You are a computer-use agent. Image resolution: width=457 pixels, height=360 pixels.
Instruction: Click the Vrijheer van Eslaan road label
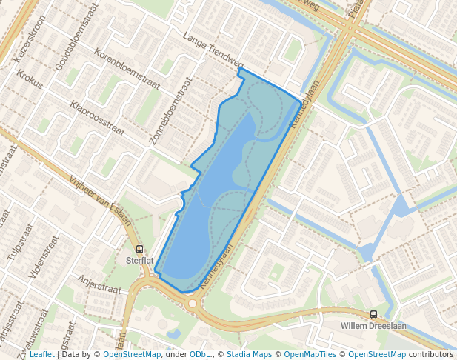100,201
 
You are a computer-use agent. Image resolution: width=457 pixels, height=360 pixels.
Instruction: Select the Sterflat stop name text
139,261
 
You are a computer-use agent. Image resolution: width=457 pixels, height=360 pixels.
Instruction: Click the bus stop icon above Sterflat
139,250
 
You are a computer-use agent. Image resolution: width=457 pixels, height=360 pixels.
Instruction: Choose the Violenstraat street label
43,256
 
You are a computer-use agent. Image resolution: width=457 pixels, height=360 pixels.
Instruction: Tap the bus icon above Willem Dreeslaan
373,314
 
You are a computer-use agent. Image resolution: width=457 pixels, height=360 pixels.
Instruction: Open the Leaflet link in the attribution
42,354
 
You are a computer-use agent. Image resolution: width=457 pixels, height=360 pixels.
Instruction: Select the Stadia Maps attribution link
249,354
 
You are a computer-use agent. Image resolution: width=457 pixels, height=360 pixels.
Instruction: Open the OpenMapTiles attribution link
310,354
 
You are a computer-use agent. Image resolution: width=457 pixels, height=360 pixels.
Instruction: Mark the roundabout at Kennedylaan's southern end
193,303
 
